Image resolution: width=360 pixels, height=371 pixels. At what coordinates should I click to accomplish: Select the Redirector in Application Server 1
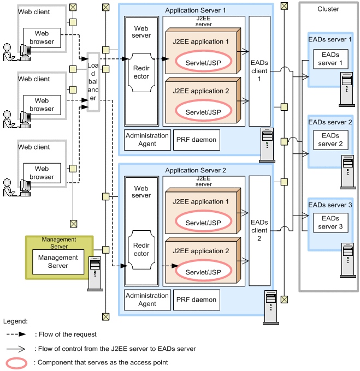click(141, 73)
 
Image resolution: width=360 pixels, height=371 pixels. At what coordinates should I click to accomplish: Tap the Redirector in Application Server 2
click(141, 249)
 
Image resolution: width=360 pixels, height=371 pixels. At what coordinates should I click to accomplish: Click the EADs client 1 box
click(259, 70)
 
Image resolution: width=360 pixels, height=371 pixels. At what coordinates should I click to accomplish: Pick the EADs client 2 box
click(259, 230)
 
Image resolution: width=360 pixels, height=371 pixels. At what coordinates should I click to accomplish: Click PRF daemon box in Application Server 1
click(196, 140)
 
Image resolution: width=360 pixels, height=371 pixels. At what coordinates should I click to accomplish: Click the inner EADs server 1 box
click(330, 59)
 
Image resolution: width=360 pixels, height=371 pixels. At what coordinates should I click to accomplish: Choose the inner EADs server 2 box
click(330, 140)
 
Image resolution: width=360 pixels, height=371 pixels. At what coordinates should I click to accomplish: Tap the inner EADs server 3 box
click(330, 222)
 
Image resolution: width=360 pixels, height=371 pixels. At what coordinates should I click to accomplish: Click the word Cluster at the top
click(328, 9)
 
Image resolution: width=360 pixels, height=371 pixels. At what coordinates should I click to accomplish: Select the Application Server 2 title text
click(196, 170)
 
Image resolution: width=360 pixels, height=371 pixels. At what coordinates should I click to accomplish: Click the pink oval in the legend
click(19, 362)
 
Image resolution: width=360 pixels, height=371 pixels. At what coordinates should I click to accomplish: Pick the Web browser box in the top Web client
click(42, 38)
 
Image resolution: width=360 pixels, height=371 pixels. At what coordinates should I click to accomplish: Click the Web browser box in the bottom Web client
click(42, 173)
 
